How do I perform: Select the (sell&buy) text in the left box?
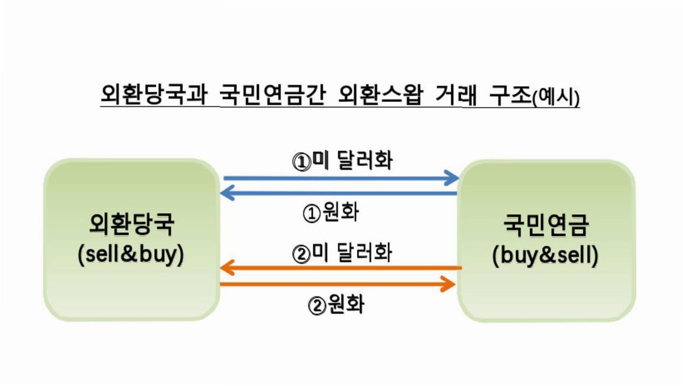click(x=131, y=255)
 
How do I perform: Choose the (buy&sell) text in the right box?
click(x=546, y=256)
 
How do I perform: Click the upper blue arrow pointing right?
click(x=341, y=178)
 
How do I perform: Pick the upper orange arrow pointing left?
click(x=340, y=268)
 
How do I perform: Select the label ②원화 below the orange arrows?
click(x=336, y=305)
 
